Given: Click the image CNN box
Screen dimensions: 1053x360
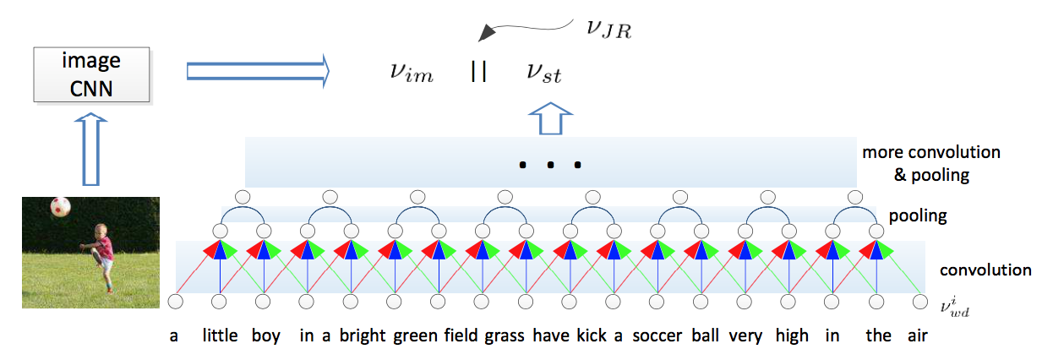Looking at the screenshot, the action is pos(91,74).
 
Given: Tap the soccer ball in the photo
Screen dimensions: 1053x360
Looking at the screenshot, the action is pos(61,207).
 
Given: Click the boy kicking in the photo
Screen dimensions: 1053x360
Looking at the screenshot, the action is pos(100,257).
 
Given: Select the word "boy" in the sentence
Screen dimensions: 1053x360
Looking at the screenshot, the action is pos(266,336).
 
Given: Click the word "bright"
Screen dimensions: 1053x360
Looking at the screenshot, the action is pos(363,336).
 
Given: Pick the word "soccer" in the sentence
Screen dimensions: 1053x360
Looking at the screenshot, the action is pos(657,336).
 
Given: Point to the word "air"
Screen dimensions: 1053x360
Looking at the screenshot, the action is pos(917,336).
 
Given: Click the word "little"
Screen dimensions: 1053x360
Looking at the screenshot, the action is pos(220,335).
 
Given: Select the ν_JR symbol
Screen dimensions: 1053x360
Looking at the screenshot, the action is pos(608,29).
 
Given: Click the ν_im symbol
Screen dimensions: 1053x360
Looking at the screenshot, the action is pos(412,73).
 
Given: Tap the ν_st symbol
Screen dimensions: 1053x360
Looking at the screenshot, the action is pos(544,73).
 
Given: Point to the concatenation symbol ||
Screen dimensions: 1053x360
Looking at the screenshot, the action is pos(478,72).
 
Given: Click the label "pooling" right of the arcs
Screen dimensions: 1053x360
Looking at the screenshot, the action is pos(918,216).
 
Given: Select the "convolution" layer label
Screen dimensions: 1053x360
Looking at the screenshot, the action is pos(985,270).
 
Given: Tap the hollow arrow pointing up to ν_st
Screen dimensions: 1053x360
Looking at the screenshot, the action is pos(550,118).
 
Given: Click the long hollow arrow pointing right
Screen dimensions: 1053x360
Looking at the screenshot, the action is pos(258,72).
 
